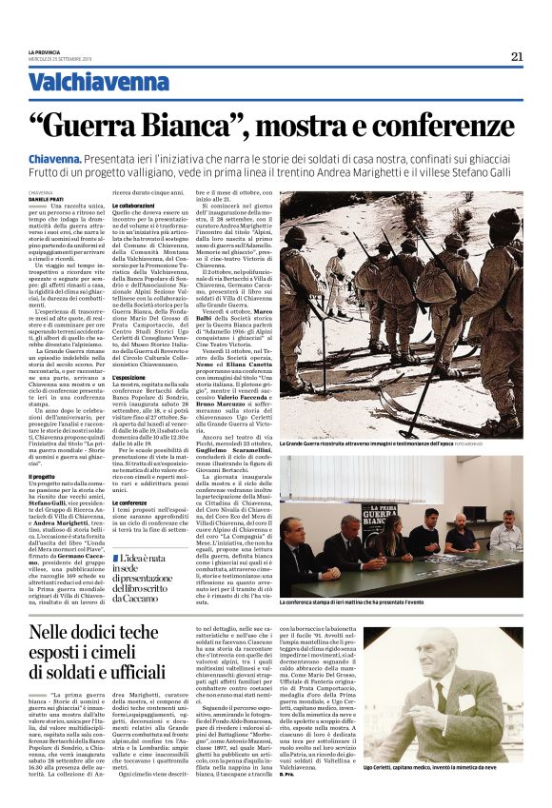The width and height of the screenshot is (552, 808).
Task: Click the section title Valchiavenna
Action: click(x=85, y=84)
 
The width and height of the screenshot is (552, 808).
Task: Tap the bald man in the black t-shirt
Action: click(x=461, y=535)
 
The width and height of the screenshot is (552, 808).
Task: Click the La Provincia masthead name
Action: click(x=43, y=52)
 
